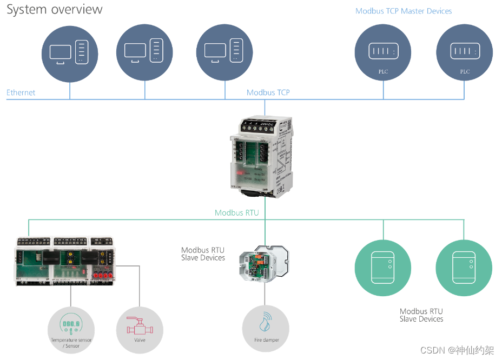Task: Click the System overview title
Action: click(55, 9)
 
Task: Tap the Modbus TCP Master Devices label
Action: click(404, 11)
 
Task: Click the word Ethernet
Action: click(21, 92)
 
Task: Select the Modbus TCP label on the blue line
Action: click(268, 92)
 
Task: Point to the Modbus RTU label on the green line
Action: click(236, 212)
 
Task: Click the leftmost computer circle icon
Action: click(70, 52)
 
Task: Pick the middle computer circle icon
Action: click(144, 52)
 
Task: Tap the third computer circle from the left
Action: click(224, 52)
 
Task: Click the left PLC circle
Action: click(383, 52)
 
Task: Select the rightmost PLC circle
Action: click(464, 52)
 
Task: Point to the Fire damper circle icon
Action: click(266, 329)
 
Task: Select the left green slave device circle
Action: click(383, 268)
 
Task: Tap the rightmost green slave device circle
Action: click(464, 268)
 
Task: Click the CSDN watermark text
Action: click(457, 350)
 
